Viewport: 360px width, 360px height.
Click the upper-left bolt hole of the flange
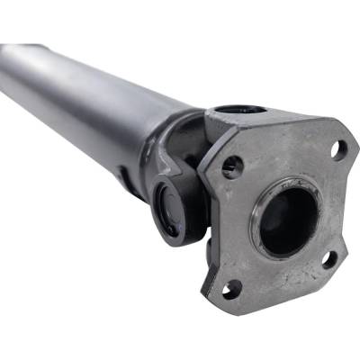[x=232, y=166]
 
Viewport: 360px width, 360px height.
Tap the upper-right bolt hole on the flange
[x=338, y=148]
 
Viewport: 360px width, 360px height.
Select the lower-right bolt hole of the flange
[x=329, y=260]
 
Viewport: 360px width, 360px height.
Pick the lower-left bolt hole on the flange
[x=231, y=289]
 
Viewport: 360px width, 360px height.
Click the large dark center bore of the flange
[x=289, y=220]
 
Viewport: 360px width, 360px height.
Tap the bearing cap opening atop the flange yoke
[x=239, y=109]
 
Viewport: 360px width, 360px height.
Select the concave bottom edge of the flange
[x=279, y=286]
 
